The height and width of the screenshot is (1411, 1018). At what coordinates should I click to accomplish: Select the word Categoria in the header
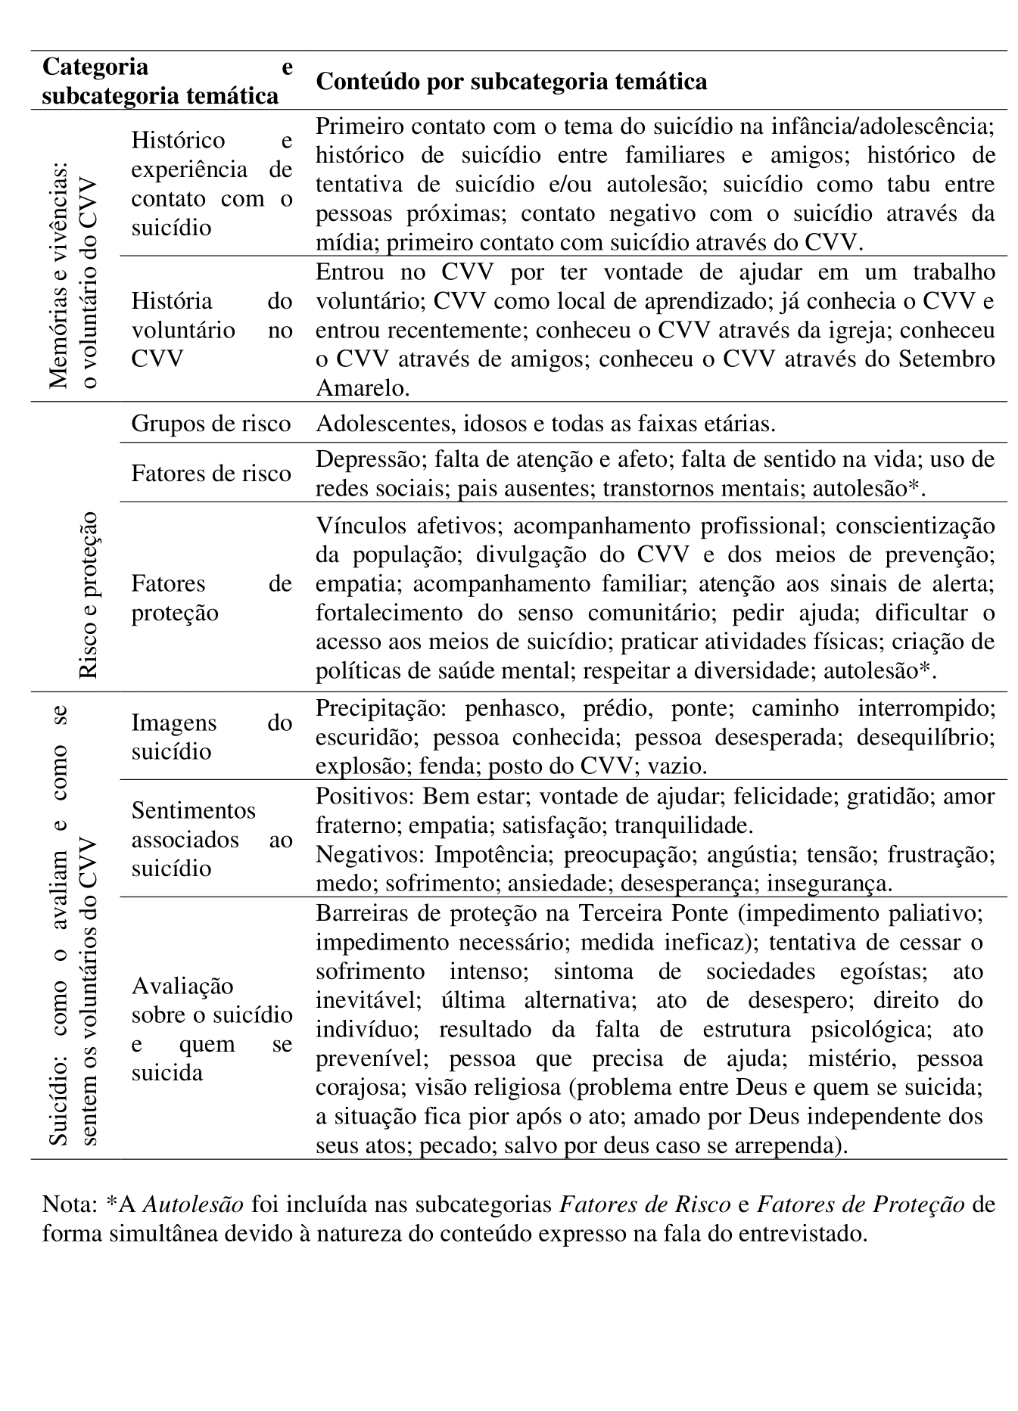tap(95, 67)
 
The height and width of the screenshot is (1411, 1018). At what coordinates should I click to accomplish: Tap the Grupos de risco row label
tap(211, 423)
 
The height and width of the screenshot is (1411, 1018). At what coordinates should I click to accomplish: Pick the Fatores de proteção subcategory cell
tap(211, 598)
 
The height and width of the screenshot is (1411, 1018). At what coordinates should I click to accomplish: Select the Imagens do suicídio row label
tap(211, 737)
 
